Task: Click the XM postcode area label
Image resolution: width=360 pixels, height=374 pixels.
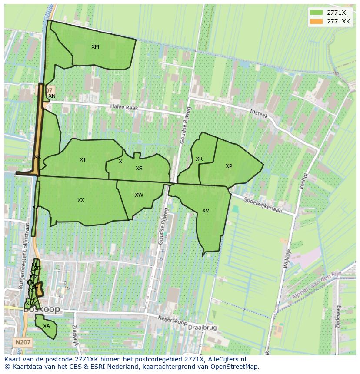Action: coord(95,47)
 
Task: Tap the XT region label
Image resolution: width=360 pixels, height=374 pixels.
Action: coord(83,160)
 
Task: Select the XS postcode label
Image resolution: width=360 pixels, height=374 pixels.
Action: coord(139,169)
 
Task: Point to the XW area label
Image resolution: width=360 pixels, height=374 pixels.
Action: coord(139,195)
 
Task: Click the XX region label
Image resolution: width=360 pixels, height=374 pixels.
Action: coord(81,200)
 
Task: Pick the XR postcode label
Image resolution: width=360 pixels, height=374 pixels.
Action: coord(199,159)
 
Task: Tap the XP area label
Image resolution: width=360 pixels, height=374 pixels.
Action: coord(229,166)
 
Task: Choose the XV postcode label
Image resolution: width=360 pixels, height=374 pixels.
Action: coord(206,211)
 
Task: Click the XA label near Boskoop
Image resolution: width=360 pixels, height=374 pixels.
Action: coord(47,326)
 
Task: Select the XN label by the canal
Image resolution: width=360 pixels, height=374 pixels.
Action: coord(52,96)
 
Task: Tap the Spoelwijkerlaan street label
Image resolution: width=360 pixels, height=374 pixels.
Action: coord(263,205)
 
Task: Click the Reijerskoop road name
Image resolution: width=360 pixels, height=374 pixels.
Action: coord(173,321)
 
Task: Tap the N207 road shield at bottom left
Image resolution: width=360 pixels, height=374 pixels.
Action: coord(22,342)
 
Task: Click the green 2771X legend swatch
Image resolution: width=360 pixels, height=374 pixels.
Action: coord(317,13)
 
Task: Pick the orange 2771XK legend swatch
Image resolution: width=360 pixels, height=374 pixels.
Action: coord(317,21)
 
